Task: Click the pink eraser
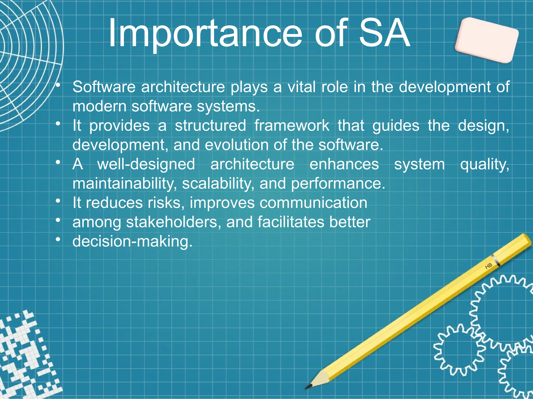486,40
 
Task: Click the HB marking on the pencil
488,266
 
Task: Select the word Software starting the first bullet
104,87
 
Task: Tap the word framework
291,125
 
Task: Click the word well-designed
146,164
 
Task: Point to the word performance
338,183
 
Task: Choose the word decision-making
132,241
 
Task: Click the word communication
313,203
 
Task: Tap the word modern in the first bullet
99,106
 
